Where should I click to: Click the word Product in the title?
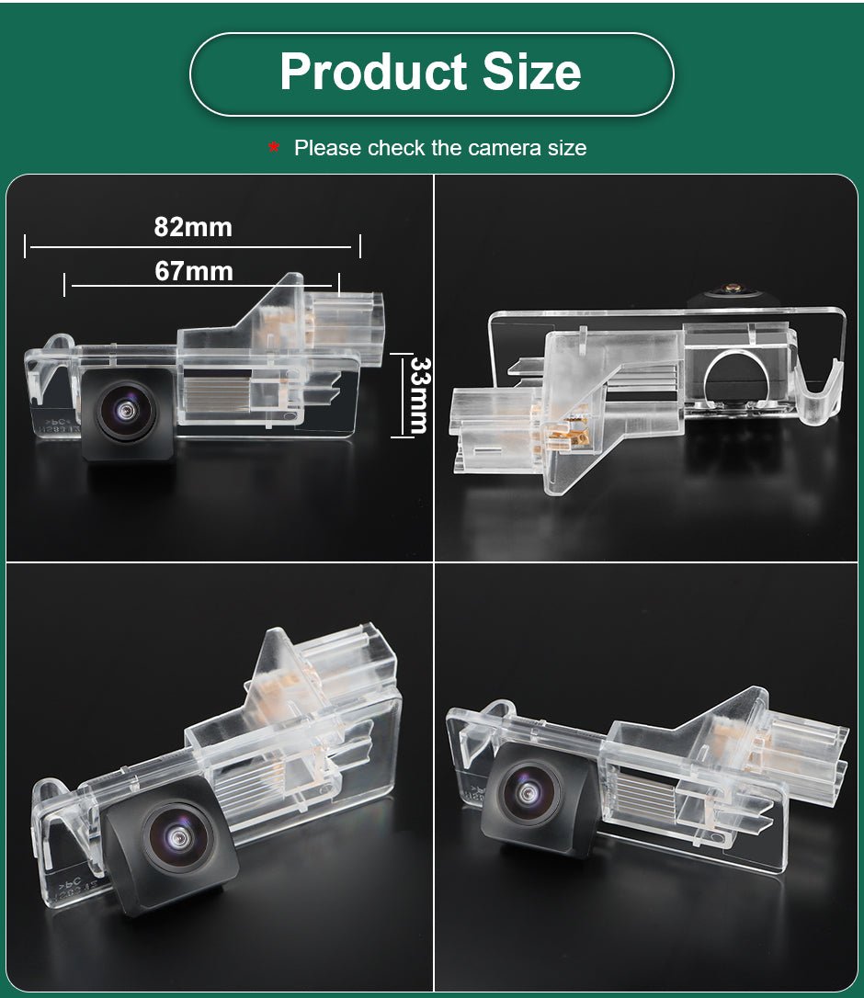tap(374, 72)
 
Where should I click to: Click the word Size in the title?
tap(531, 72)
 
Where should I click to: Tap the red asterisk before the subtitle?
tap(274, 148)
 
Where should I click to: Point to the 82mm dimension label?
tap(193, 227)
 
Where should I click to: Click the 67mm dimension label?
tap(194, 272)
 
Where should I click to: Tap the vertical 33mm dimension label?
tap(419, 395)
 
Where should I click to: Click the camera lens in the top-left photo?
tap(126, 411)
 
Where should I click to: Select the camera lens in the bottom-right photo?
tap(529, 791)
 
